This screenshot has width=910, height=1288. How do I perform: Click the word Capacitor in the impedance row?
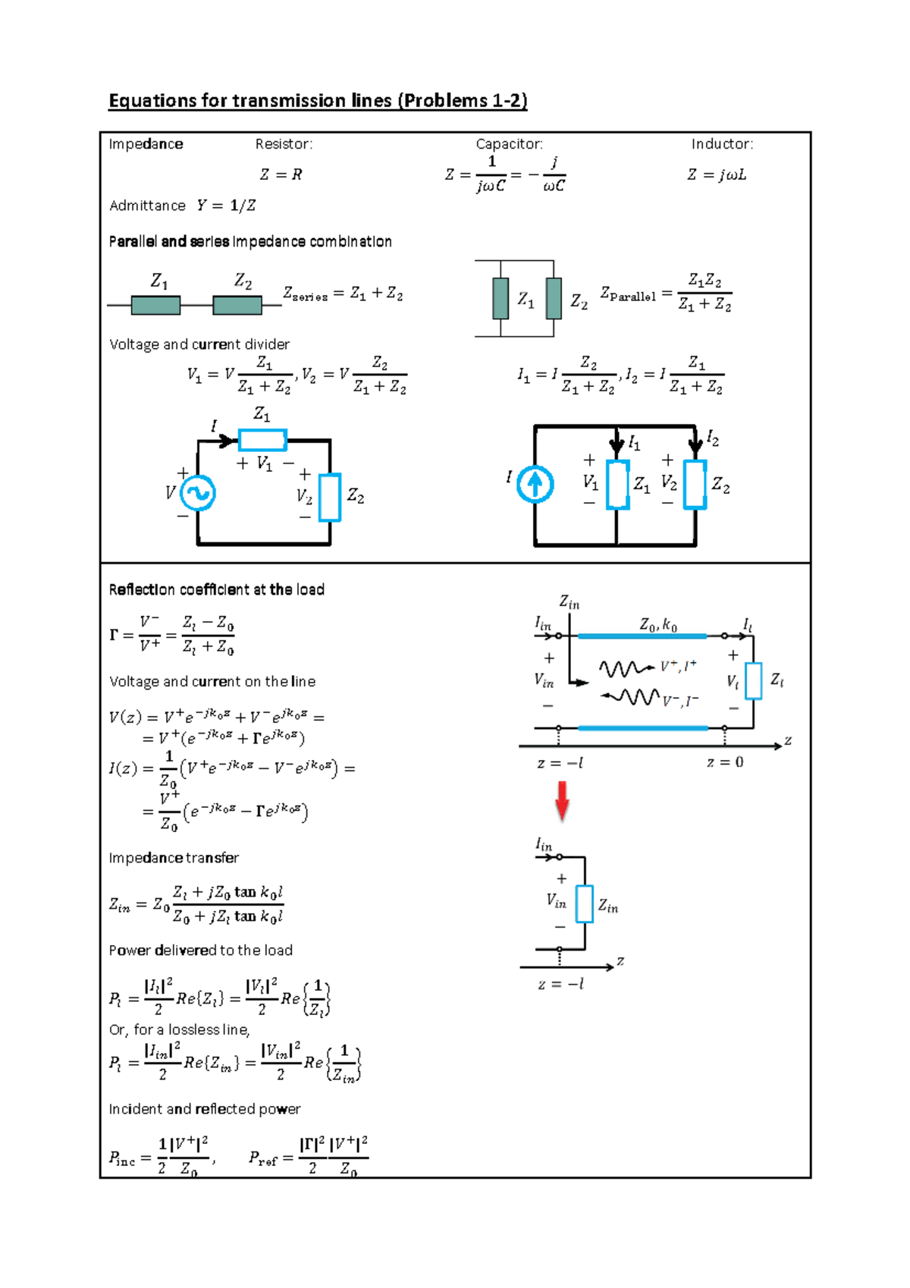click(x=508, y=144)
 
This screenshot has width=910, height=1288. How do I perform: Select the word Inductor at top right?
click(x=721, y=144)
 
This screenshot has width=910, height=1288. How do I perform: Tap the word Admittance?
click(x=147, y=206)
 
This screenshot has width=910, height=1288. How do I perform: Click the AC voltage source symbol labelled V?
click(x=198, y=493)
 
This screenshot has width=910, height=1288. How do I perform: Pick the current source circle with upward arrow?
click(x=535, y=484)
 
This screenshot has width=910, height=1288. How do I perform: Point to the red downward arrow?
click(x=562, y=801)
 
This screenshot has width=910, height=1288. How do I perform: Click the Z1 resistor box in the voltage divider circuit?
click(x=262, y=440)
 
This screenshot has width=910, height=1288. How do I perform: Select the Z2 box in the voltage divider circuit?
click(x=330, y=498)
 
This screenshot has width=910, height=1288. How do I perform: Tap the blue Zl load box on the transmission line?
click(x=753, y=680)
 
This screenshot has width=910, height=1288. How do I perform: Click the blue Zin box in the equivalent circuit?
click(x=584, y=903)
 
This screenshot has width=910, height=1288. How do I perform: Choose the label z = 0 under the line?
click(x=725, y=762)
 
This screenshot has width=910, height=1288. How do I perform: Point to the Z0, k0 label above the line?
click(x=657, y=625)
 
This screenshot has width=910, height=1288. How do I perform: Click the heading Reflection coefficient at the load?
click(x=216, y=589)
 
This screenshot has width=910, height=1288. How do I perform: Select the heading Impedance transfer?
click(x=174, y=858)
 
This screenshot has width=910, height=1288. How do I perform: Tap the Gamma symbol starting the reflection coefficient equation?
click(x=114, y=635)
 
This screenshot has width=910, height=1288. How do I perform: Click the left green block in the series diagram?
click(x=155, y=305)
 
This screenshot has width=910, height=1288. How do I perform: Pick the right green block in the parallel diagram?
click(x=554, y=298)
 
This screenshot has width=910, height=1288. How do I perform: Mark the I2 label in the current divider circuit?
click(x=713, y=438)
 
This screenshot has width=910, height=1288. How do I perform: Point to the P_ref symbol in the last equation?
click(x=262, y=1158)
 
